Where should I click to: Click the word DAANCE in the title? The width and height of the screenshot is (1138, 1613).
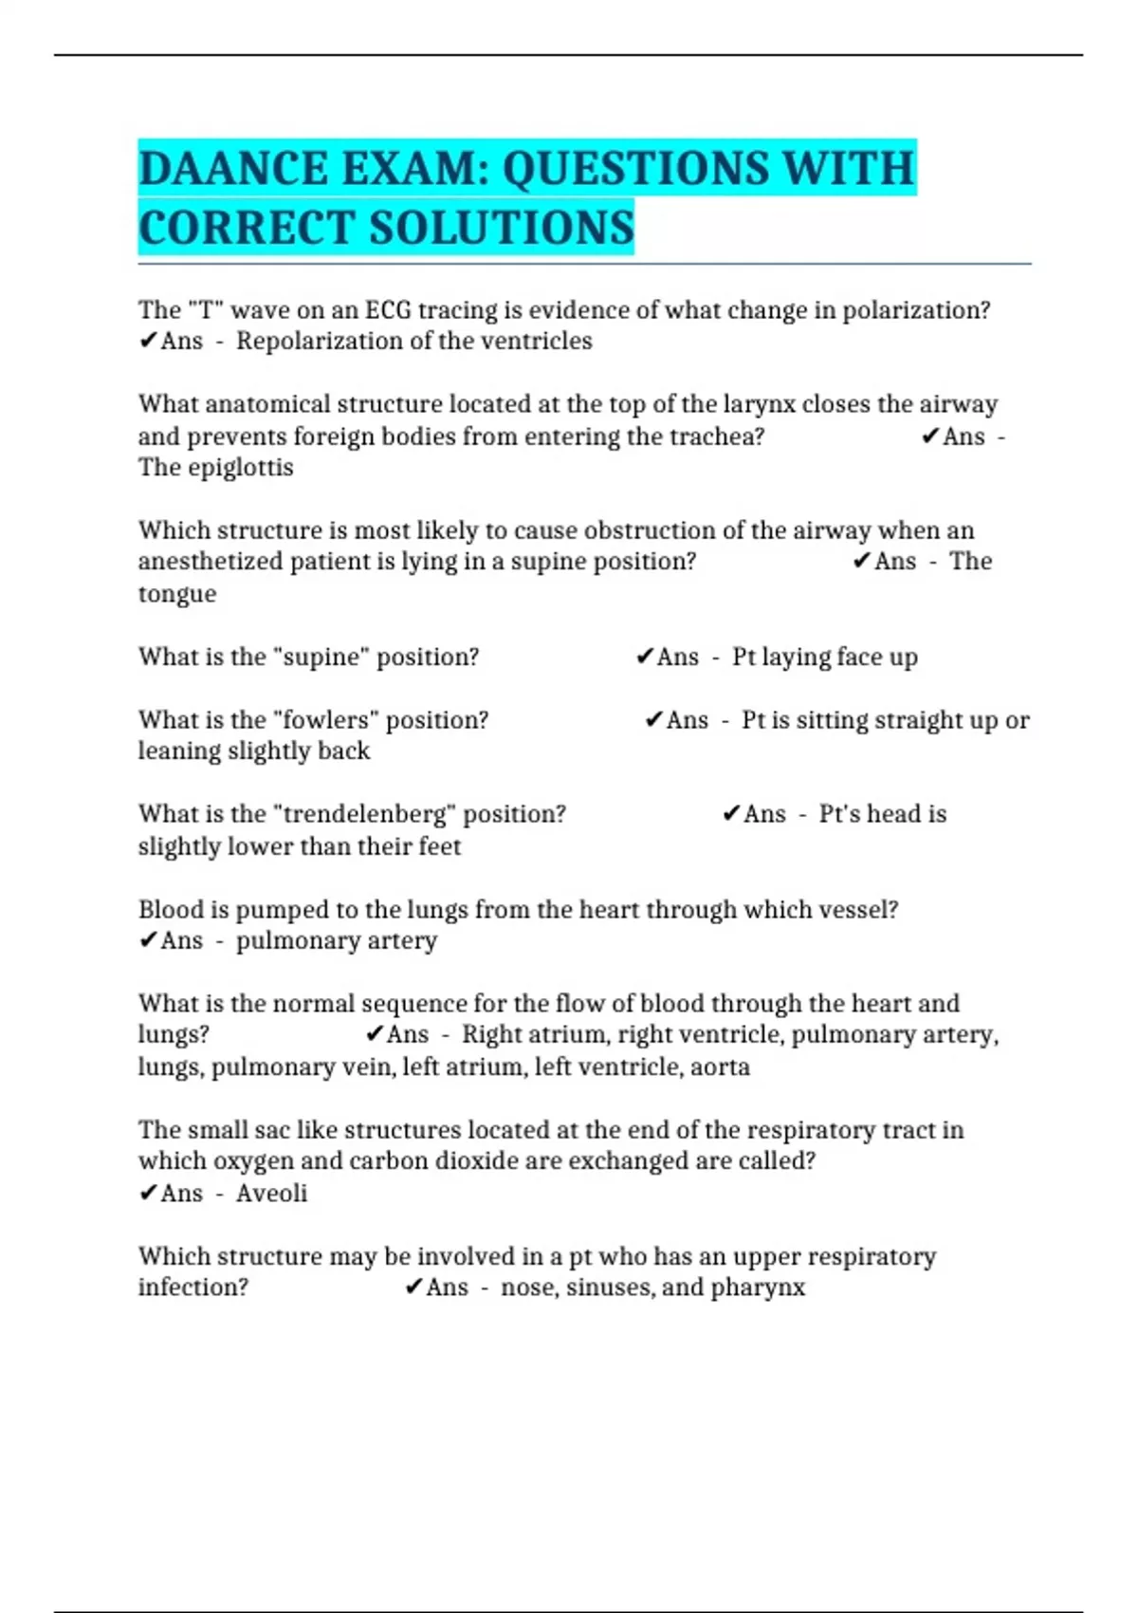[x=232, y=169]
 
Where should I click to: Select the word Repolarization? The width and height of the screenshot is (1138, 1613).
[x=321, y=341]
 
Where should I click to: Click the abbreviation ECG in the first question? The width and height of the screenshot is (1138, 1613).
[x=388, y=310]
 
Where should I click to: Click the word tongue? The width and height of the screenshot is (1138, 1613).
[x=177, y=594]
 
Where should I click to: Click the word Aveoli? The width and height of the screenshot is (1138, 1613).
[x=271, y=1193]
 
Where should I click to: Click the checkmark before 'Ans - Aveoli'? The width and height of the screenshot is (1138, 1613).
[x=148, y=1193]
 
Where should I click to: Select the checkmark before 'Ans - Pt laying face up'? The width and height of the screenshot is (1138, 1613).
[x=645, y=657]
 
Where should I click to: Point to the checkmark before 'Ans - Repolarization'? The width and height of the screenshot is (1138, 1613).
[x=148, y=341]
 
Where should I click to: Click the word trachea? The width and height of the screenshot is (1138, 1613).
[x=718, y=436]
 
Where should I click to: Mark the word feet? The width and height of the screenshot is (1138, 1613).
[x=439, y=846]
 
